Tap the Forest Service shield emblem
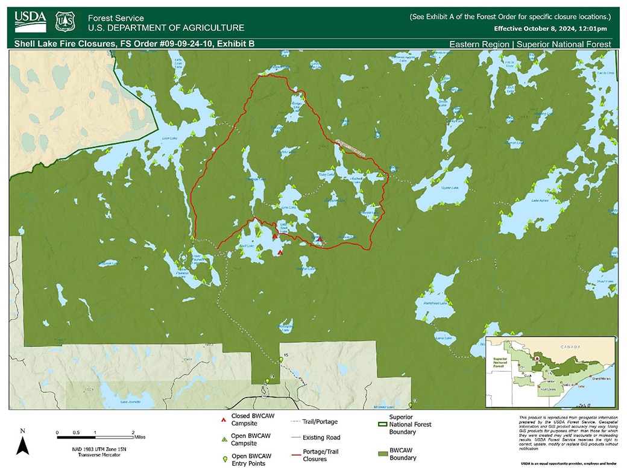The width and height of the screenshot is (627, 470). coord(65,22)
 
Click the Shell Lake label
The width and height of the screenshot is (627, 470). coord(248,246)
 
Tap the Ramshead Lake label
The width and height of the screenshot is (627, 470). coord(435,303)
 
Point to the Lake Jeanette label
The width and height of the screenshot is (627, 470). coord(130,401)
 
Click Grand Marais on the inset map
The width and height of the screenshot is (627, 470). coord(600,378)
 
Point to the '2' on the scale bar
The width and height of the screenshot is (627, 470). coord(132,433)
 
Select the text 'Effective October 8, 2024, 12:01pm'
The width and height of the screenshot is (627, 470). coord(550,28)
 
